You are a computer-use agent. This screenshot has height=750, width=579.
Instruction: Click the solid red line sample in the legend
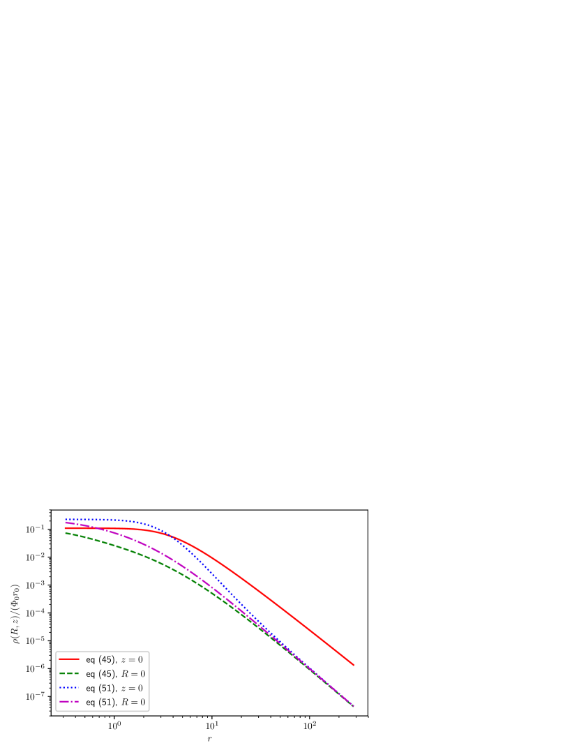(69, 659)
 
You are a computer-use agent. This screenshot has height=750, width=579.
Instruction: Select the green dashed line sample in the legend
(69, 674)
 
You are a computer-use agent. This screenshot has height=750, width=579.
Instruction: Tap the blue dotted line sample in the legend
(69, 688)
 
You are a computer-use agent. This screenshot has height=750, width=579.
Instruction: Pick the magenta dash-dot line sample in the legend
(69, 702)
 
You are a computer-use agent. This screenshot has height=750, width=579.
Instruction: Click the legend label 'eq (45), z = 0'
(115, 659)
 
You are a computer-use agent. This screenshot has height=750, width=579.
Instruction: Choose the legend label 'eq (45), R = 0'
(115, 674)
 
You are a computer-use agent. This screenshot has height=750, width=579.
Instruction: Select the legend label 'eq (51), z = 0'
(115, 688)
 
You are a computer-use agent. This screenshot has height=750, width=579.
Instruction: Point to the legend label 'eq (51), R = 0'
(115, 702)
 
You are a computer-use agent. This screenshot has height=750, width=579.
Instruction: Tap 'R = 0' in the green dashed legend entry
(133, 674)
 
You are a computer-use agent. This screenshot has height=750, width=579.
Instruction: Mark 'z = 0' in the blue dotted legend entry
(131, 688)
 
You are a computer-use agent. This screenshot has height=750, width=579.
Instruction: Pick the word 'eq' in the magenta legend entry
(91, 702)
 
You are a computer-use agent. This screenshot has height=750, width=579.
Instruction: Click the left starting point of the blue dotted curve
(65, 519)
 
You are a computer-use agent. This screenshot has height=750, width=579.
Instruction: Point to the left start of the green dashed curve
(65, 533)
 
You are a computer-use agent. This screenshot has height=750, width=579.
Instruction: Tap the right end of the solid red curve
(354, 665)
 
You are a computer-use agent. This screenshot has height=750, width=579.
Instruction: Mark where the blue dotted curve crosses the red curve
(170, 534)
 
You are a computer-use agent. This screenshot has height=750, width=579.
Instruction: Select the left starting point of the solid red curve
(65, 528)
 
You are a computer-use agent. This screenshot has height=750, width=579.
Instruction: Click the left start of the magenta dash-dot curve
(65, 523)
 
